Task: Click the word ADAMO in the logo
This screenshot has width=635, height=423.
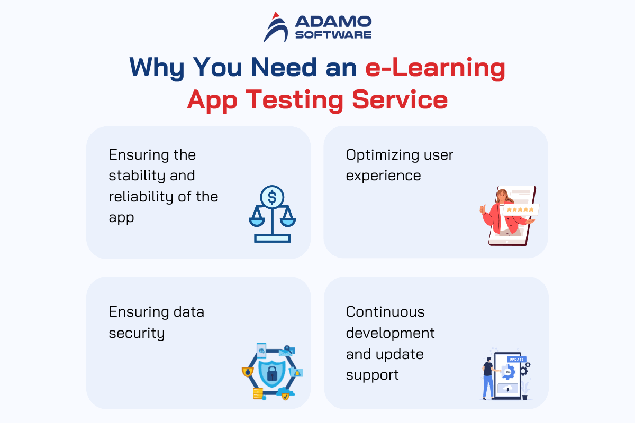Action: point(333,22)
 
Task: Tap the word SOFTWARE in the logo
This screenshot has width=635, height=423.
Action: point(333,34)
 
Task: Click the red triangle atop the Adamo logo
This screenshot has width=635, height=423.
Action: point(276,15)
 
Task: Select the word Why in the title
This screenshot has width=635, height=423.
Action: point(157,68)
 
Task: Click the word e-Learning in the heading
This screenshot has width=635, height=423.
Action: point(435,68)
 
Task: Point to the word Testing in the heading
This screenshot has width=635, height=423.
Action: point(295,100)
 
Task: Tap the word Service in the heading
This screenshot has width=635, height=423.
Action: point(400,100)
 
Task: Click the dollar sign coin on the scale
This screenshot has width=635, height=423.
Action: point(272,197)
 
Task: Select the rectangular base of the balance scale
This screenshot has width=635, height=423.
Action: point(272,238)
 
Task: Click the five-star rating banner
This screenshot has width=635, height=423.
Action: point(521,210)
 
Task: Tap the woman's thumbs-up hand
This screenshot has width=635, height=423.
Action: point(483,209)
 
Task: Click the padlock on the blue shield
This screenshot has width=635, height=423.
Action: point(272,374)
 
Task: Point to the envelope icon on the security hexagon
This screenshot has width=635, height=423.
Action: point(286,352)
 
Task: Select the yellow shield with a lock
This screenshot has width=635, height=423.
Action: point(248,372)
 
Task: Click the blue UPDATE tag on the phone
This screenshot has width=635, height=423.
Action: point(516,360)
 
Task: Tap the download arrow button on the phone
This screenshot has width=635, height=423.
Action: point(507,389)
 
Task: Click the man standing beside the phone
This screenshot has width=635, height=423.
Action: point(488,378)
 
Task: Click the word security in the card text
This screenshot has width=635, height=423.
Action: point(137,333)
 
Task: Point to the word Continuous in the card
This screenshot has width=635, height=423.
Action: point(385,312)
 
